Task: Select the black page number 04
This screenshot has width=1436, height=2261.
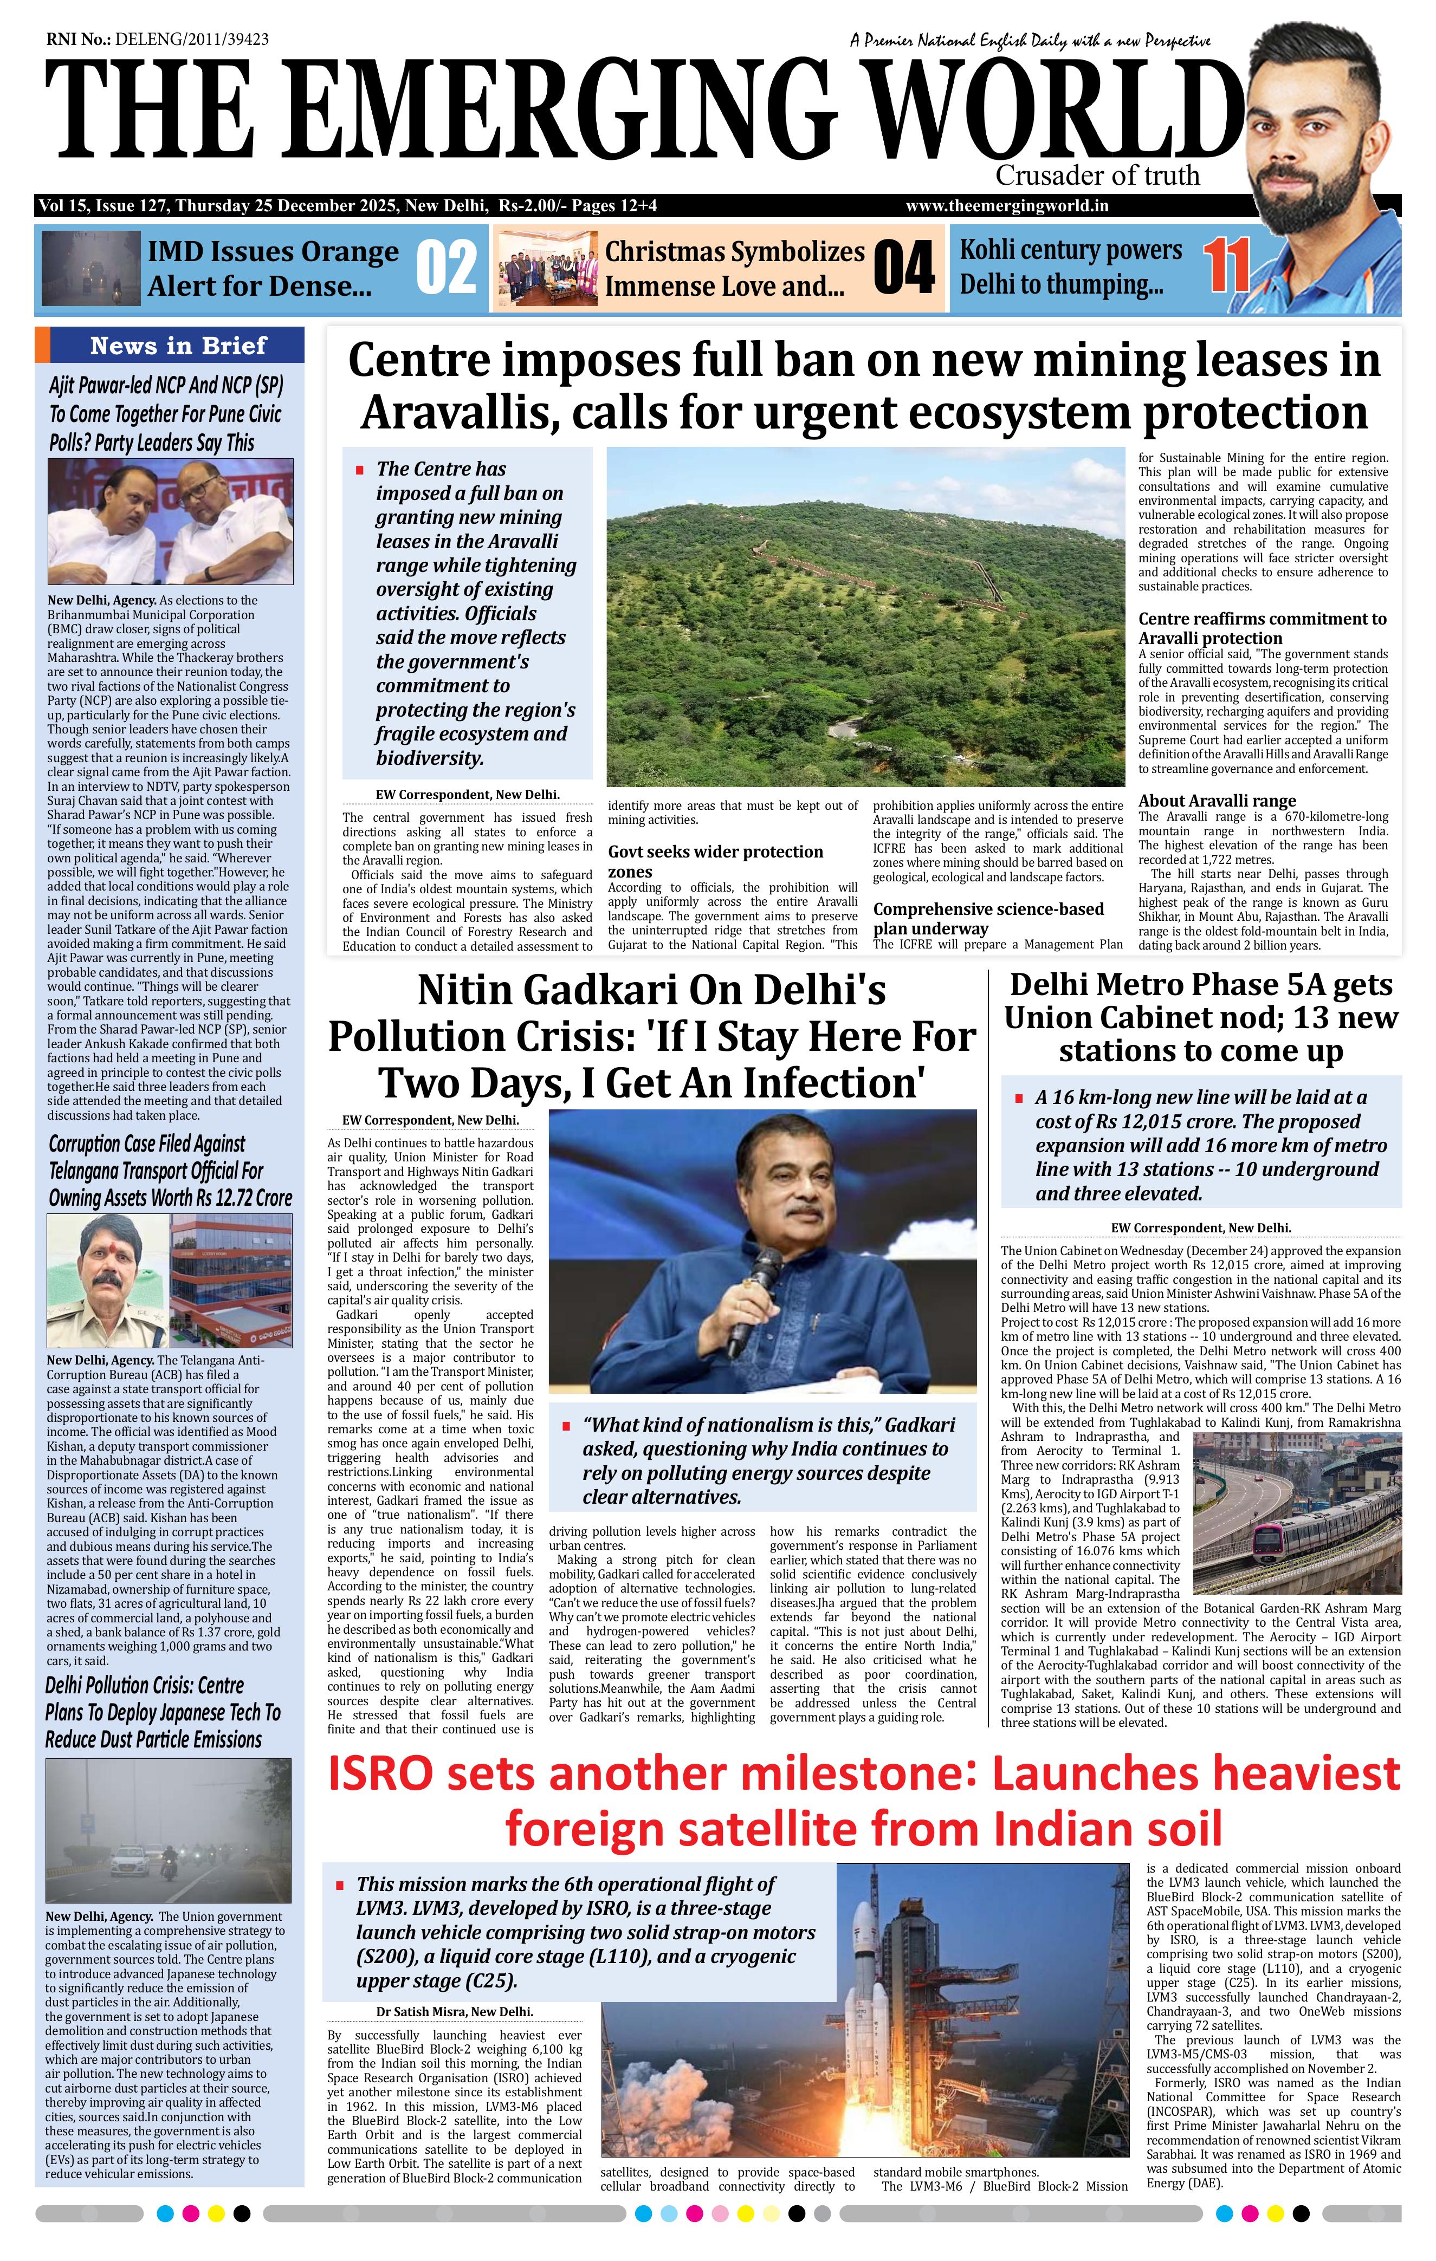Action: tap(903, 269)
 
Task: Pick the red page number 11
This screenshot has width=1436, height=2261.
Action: tap(1227, 266)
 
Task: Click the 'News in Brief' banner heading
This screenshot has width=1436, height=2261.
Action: tap(178, 346)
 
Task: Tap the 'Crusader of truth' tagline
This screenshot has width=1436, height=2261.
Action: tap(1097, 176)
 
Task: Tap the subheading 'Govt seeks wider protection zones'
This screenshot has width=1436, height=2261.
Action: tap(716, 861)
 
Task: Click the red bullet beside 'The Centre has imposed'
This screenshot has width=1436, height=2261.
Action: tap(360, 470)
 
